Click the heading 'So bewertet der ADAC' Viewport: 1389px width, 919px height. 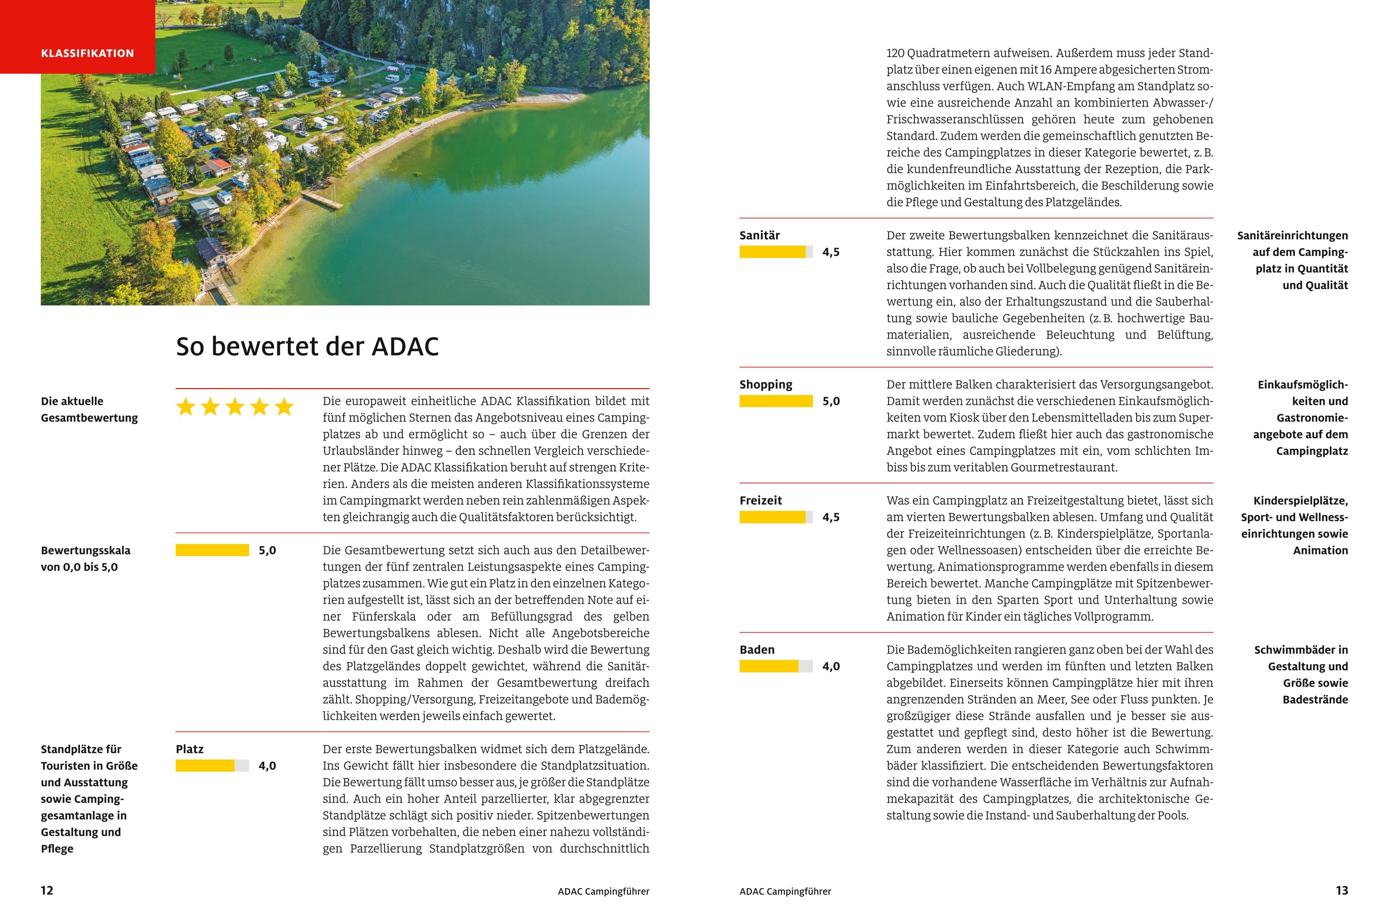307,346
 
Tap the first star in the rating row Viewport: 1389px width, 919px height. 186,407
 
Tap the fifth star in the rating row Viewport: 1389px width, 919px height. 284,407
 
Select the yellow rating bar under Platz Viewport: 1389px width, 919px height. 212,765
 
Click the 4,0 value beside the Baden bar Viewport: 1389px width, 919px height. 831,667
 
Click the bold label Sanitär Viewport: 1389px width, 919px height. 760,236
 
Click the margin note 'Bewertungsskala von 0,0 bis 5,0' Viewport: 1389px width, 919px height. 85,559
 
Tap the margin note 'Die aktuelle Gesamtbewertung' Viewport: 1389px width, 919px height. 89,409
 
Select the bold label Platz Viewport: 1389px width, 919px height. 189,749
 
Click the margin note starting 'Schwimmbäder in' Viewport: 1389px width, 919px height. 1301,674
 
